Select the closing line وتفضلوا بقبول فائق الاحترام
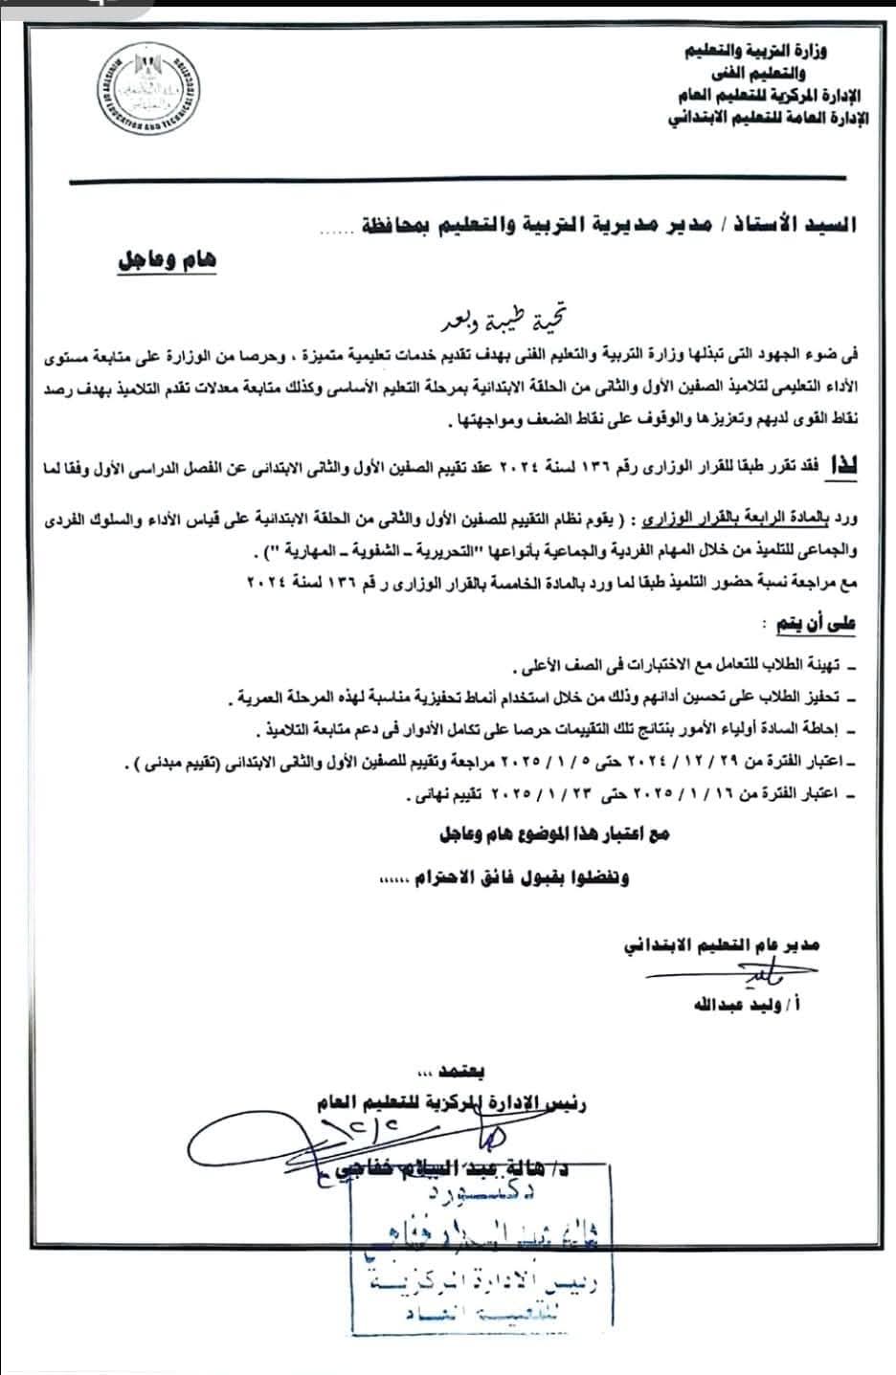point(517,877)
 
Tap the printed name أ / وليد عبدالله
point(737,1006)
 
